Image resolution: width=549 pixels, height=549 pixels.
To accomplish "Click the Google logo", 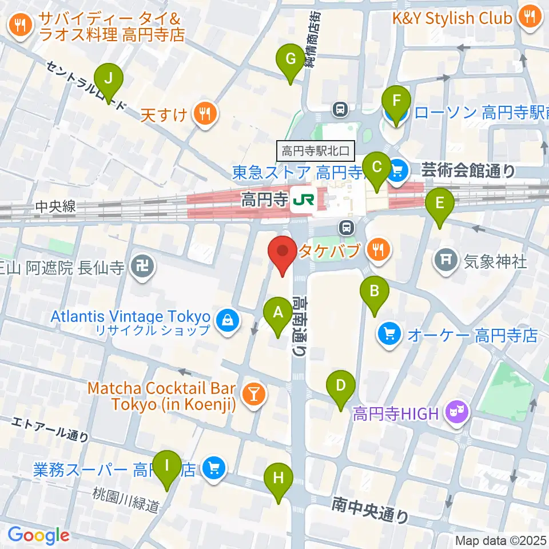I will point(38,535).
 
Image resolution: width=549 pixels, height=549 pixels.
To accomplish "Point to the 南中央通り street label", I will point(371,508).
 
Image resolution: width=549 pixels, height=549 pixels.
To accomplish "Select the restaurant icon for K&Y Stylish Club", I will point(527,17).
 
